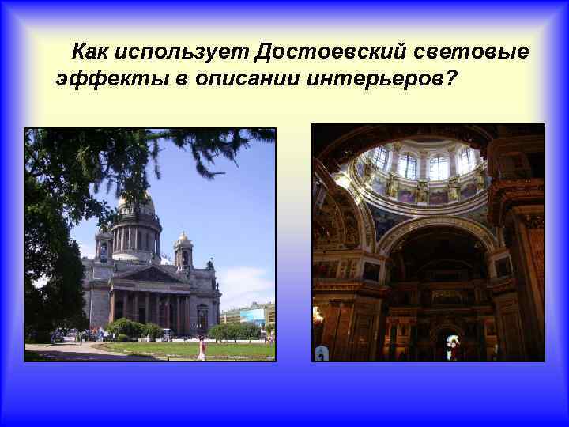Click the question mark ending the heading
(451, 79)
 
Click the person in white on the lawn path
(202, 348)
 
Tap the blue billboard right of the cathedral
(252, 316)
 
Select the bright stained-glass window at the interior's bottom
(454, 347)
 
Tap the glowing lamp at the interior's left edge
(318, 316)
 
